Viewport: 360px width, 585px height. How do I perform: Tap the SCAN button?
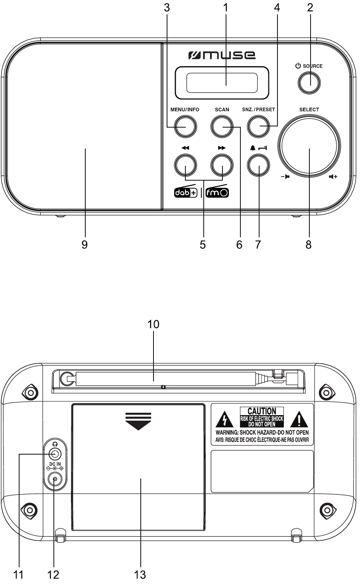point(222,126)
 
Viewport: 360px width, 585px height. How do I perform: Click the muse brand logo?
point(222,55)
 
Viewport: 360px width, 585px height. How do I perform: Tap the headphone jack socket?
point(55,454)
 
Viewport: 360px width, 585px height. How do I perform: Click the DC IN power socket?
point(55,480)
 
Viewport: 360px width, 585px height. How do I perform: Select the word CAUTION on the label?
point(262,411)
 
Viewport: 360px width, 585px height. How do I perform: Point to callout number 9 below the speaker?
point(85,245)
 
